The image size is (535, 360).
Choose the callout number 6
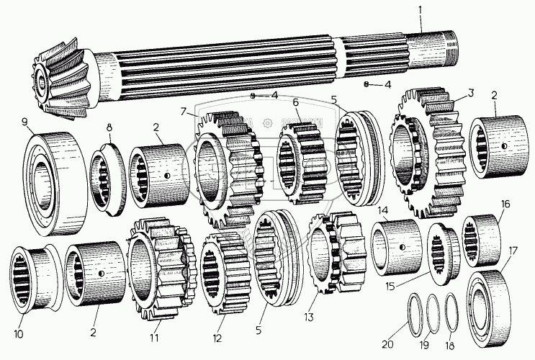coord(295,102)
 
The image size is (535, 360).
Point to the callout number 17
coord(511,251)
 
